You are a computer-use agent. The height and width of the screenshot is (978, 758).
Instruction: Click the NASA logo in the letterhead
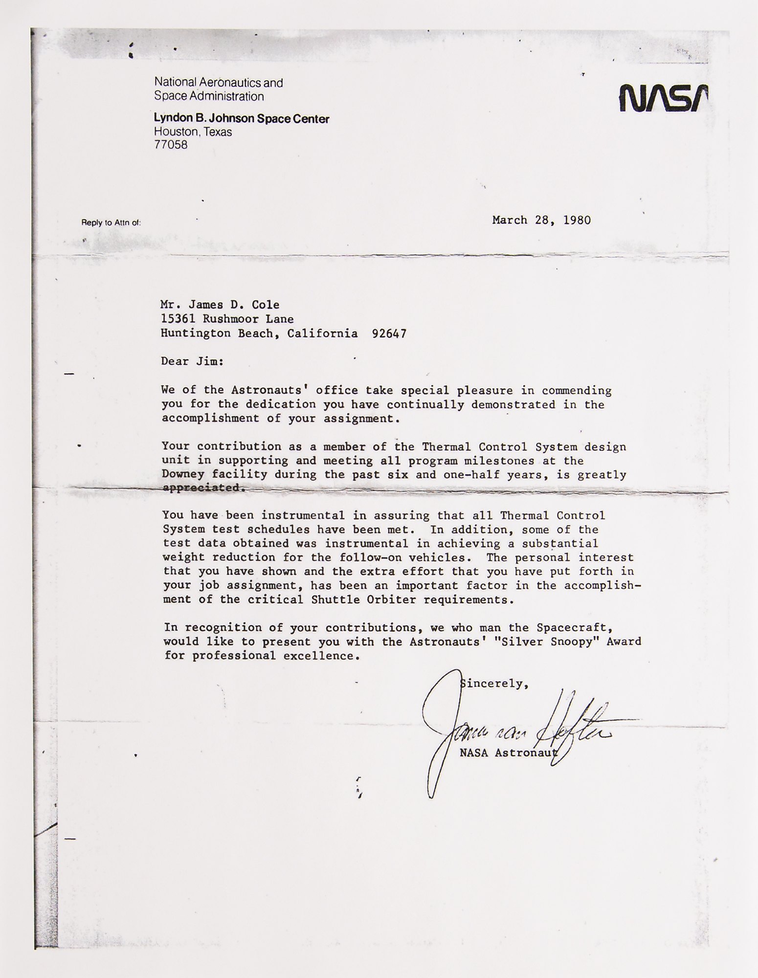click(x=663, y=97)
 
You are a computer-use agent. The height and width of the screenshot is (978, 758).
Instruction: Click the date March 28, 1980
click(x=541, y=220)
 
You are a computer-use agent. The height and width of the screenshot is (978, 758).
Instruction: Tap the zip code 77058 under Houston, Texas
click(x=171, y=145)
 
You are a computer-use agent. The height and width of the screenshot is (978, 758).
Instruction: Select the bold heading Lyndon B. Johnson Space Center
click(x=242, y=118)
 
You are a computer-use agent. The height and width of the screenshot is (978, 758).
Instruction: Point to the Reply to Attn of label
click(x=111, y=223)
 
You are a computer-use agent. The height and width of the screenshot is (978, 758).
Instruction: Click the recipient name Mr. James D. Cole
click(x=220, y=305)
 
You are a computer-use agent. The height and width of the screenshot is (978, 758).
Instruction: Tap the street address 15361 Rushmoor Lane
click(x=227, y=319)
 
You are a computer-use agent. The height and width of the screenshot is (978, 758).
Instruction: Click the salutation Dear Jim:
click(x=192, y=361)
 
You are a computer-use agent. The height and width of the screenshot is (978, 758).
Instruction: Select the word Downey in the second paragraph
click(x=183, y=474)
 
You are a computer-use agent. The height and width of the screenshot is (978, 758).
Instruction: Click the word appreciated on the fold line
click(x=201, y=488)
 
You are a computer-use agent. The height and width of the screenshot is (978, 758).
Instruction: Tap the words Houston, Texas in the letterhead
click(x=193, y=132)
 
